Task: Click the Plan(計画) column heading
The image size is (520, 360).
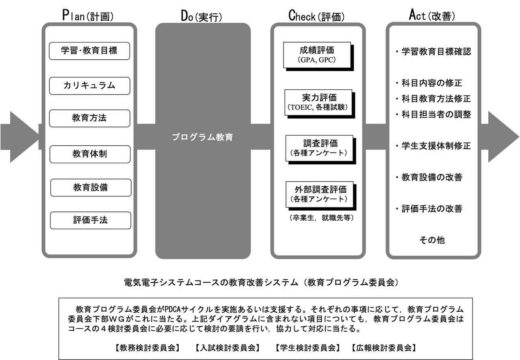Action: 88,15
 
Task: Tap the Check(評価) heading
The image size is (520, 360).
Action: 316,15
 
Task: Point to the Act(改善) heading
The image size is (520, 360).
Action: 431,15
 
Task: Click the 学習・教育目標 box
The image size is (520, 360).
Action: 89,51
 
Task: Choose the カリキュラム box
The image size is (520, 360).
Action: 89,86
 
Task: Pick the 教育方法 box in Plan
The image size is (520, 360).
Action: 89,119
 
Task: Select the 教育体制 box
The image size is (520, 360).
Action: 89,154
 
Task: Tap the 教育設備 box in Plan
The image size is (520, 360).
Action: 90,188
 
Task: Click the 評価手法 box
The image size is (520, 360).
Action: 90,220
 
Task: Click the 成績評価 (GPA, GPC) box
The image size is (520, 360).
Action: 317,55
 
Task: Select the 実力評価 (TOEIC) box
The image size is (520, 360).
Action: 318,102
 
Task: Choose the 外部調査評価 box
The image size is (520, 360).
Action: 318,193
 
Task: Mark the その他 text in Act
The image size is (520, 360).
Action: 432,240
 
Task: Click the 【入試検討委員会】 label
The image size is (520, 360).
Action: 225,348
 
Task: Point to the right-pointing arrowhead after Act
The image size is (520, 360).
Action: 503,137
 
